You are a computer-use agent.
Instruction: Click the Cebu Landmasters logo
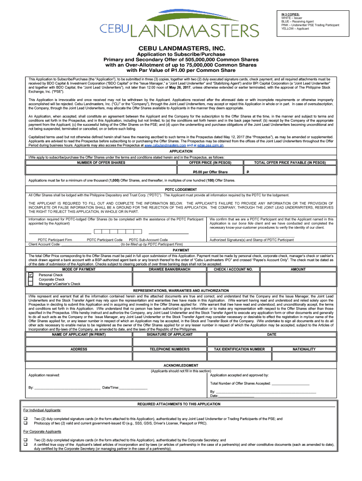pos(179,26)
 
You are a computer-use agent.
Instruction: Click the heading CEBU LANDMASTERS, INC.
pos(181,49)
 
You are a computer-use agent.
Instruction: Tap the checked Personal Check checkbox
pos(31,274)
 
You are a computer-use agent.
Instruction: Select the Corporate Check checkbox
pos(31,279)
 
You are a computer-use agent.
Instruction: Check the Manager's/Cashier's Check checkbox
pos(31,284)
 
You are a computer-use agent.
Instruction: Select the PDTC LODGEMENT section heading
pos(181,190)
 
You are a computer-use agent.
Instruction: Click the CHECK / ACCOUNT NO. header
pos(233,269)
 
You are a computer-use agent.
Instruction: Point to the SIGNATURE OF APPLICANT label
pos(170,334)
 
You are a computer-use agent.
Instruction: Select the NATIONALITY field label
pos(304,349)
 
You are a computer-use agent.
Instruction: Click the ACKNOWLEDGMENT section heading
pos(181,365)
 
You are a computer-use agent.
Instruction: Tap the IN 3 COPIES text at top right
pos(290,14)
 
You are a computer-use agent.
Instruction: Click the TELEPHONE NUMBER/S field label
pos(170,349)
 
